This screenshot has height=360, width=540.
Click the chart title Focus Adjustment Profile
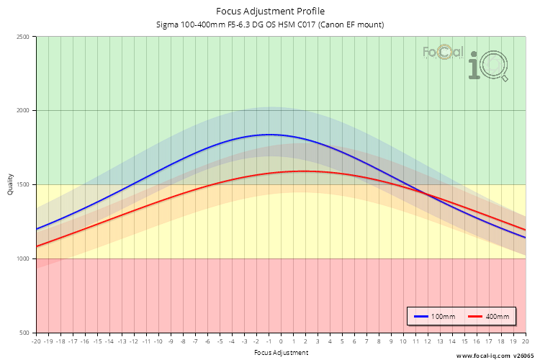click(270, 11)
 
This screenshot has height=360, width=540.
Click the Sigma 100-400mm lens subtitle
click(270, 24)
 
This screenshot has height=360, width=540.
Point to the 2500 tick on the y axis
click(22, 37)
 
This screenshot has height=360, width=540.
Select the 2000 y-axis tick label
click(22, 111)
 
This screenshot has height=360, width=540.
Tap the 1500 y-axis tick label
click(22, 185)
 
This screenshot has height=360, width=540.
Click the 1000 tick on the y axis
click(22, 258)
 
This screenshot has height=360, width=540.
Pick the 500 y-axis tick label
click(24, 333)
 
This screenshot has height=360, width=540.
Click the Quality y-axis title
click(10, 185)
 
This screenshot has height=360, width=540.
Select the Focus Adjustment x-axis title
click(281, 353)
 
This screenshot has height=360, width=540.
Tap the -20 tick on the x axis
click(36, 342)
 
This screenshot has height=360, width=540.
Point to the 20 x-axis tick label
click(525, 342)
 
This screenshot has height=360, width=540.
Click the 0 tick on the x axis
click(281, 342)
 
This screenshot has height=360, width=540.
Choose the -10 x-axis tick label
click(158, 342)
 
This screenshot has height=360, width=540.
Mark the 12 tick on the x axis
click(428, 342)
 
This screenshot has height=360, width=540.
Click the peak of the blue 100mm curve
click(269, 135)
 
